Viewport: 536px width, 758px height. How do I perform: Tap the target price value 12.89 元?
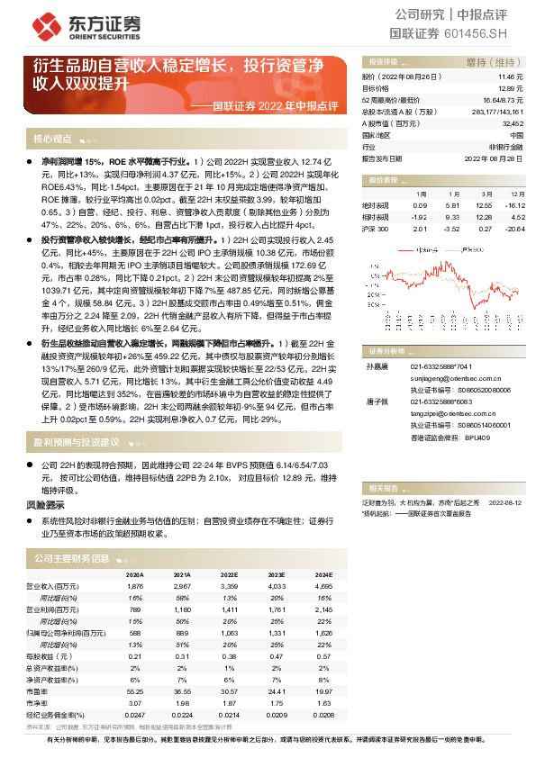[510, 89]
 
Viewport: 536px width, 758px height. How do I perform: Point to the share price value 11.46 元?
[510, 78]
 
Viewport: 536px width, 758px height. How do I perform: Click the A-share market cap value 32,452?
[511, 122]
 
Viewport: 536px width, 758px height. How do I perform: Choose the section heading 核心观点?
[52, 140]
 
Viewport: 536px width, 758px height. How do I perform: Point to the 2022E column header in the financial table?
[230, 573]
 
